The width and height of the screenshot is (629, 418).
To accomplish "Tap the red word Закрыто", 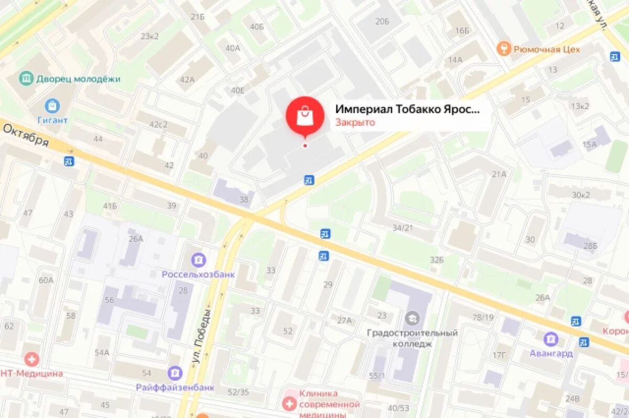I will click(355, 123).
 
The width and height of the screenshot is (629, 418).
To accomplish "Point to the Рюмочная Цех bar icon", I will click(503, 49).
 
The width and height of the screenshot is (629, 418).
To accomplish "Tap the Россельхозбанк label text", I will click(198, 274).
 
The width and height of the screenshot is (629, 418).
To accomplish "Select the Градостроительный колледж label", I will click(412, 338).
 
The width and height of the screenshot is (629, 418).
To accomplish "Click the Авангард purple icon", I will click(550, 339).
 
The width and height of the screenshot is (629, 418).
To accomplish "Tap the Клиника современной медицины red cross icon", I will click(288, 403).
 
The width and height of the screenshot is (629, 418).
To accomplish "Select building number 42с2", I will click(158, 124).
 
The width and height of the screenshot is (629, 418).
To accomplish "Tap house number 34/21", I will click(403, 228).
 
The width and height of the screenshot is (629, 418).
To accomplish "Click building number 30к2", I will click(580, 195).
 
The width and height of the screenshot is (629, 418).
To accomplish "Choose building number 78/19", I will click(483, 317).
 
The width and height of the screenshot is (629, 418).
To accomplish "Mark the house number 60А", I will click(46, 280).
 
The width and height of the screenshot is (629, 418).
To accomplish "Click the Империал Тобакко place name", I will click(407, 110).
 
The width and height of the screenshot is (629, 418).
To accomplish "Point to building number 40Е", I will click(238, 90).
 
